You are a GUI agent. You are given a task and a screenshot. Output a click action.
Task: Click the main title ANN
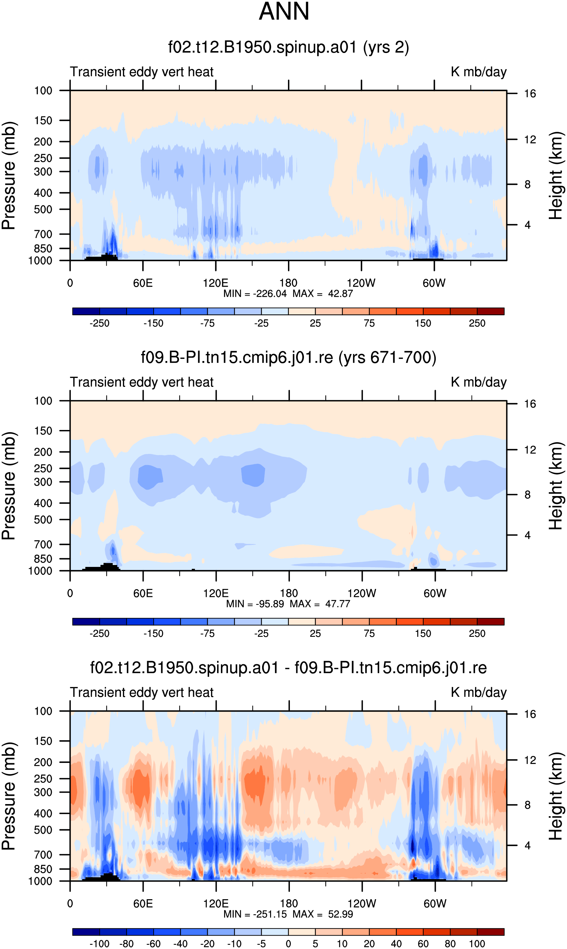(284, 11)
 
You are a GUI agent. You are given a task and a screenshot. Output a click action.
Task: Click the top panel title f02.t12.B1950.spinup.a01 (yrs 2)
(289, 47)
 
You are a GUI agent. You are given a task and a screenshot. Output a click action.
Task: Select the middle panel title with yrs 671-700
(289, 358)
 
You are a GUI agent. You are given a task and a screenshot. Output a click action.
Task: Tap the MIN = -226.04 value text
(255, 294)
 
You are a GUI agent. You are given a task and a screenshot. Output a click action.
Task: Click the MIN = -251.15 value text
(255, 914)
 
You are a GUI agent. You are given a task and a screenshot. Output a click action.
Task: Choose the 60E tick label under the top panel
(143, 283)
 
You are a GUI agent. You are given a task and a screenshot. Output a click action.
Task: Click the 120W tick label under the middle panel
(362, 593)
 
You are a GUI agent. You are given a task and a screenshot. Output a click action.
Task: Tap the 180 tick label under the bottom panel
(289, 903)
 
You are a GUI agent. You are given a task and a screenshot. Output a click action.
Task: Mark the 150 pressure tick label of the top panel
(43, 121)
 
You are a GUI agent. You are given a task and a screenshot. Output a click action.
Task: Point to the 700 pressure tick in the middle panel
(43, 545)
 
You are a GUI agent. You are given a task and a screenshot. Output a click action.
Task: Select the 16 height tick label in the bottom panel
(530, 714)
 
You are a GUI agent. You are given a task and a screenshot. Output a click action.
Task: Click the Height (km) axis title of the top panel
(556, 176)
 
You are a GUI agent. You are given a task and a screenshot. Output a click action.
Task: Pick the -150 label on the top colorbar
(153, 323)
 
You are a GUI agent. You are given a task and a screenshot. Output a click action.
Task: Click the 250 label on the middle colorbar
(477, 634)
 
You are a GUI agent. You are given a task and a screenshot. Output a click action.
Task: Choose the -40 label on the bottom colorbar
(180, 944)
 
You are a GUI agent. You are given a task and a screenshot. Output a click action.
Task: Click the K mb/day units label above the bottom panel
(479, 692)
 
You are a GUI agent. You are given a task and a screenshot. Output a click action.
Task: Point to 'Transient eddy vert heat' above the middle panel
(142, 382)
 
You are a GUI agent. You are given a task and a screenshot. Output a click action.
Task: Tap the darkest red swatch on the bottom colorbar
(491, 931)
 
